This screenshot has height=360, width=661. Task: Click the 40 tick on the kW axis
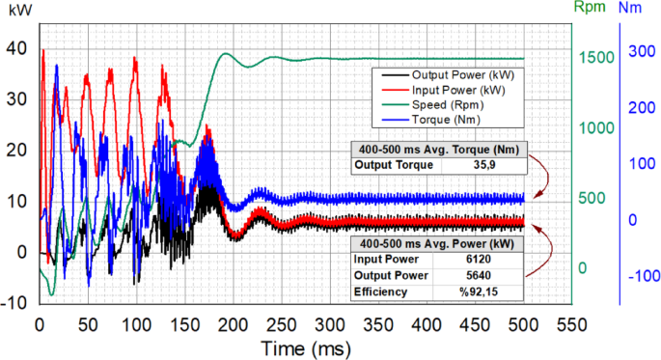pyautogui.click(x=18, y=47)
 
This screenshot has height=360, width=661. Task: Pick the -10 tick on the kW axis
pyautogui.click(x=15, y=302)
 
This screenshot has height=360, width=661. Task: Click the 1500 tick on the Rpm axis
pyautogui.click(x=596, y=58)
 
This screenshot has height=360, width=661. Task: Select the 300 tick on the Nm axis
pyautogui.click(x=639, y=52)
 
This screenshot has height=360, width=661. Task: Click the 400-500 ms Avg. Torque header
pyautogui.click(x=439, y=149)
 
